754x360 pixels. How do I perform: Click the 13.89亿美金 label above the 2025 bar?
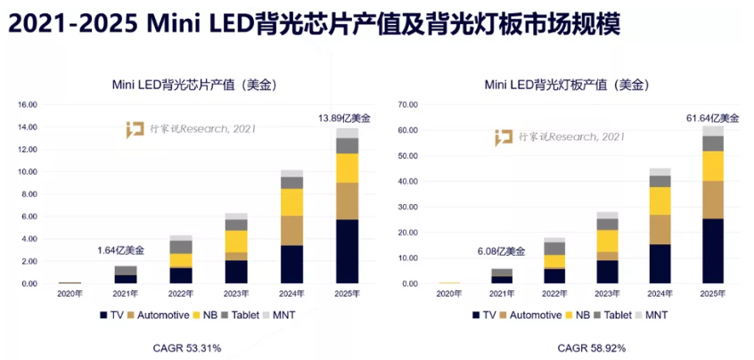click(344, 118)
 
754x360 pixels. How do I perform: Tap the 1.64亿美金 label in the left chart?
click(120, 250)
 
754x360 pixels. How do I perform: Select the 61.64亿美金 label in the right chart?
click(712, 119)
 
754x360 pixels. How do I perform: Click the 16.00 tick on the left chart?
click(27, 105)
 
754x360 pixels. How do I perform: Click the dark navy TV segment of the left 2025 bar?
click(347, 251)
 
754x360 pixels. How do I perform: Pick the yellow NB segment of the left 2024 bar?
click(292, 202)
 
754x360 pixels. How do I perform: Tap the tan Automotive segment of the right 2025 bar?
click(713, 200)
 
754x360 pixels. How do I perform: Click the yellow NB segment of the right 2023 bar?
click(607, 241)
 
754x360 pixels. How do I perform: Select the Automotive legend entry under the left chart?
click(158, 315)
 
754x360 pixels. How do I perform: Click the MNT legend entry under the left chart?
click(278, 315)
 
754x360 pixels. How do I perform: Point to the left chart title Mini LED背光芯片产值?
click(173, 85)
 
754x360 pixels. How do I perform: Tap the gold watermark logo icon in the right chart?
click(504, 137)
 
